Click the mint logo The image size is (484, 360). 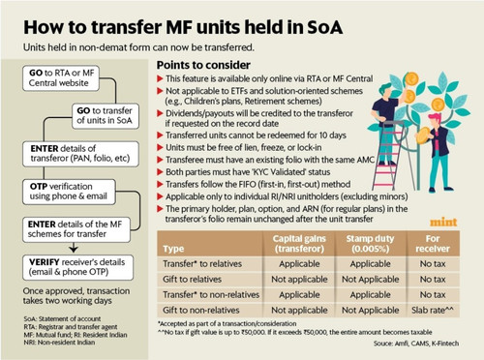click(443, 222)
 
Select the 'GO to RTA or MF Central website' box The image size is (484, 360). click(61, 78)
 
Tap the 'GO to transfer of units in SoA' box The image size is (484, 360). click(106, 116)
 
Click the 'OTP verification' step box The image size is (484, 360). click(69, 192)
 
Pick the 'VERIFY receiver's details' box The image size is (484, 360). click(77, 267)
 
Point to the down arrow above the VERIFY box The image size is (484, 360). click(74, 248)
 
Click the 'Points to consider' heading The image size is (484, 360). click(203, 65)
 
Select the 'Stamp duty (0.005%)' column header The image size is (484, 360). click(370, 244)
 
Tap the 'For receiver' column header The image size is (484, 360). click(433, 244)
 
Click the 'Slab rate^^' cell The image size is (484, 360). click(433, 310)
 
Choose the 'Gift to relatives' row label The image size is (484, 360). click(192, 279)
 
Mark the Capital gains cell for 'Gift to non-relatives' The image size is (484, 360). click(299, 310)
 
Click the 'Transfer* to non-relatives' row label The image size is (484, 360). click(211, 294)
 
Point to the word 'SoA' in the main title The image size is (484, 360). click(324, 27)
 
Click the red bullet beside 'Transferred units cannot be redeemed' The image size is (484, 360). click(160, 135)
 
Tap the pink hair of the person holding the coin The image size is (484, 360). click(435, 117)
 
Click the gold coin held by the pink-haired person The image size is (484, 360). click(423, 135)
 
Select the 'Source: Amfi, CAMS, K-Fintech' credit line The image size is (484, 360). click(416, 344)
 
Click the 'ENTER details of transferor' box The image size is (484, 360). click(80, 154)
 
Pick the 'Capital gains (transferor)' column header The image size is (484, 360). click(299, 244)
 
